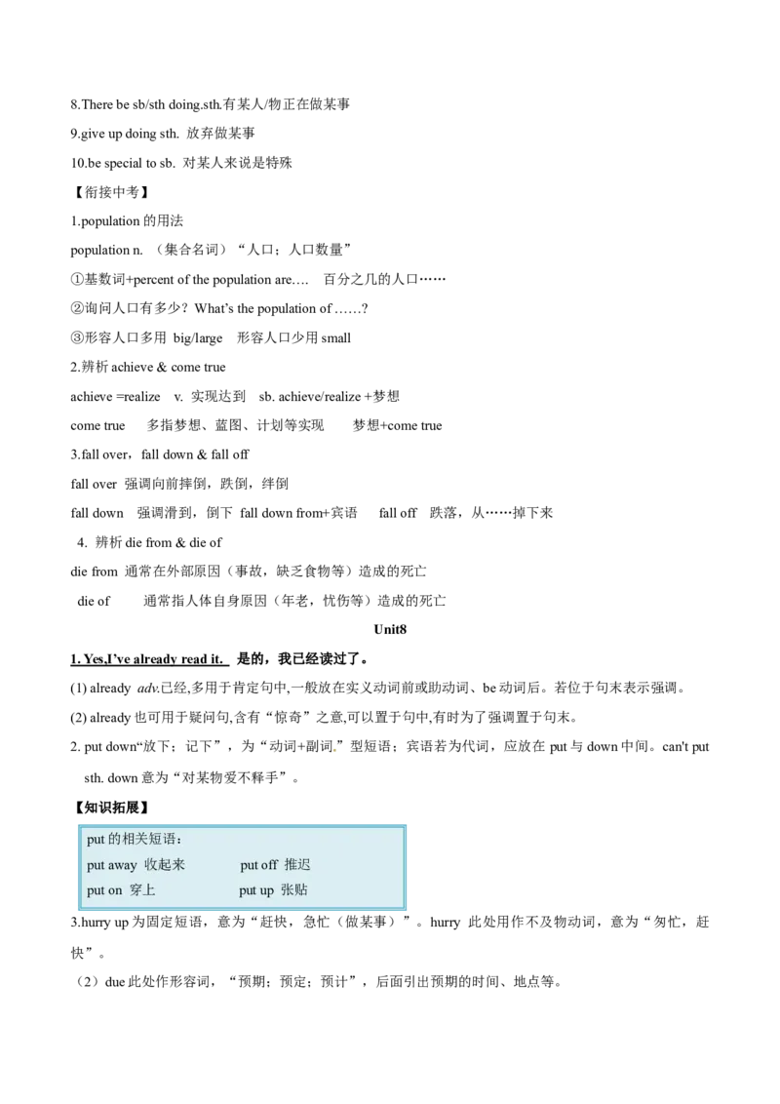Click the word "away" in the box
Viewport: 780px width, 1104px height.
(x=122, y=865)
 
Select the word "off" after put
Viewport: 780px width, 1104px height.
(x=269, y=865)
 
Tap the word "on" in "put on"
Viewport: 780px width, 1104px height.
(x=115, y=890)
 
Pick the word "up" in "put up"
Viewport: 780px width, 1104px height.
(x=265, y=890)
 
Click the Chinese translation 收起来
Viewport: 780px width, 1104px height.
(x=165, y=865)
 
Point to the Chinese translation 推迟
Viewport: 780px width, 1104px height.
(x=297, y=865)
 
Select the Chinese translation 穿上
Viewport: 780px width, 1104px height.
(x=142, y=890)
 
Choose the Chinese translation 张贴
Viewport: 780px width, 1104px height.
(x=294, y=890)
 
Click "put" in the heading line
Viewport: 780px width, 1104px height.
(x=96, y=840)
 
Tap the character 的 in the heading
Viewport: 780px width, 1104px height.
(x=113, y=840)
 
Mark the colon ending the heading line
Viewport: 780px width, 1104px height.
(x=178, y=841)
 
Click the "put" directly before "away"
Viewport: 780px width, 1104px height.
(x=96, y=865)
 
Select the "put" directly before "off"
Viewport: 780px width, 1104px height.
(x=249, y=865)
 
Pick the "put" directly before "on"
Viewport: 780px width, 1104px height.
(x=96, y=890)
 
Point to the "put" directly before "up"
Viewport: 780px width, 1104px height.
(x=248, y=890)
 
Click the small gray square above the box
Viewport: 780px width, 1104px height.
(x=337, y=753)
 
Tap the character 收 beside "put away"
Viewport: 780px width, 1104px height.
(x=151, y=865)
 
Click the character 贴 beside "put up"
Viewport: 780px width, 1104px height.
(x=301, y=890)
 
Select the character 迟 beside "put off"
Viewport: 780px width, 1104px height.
(x=304, y=865)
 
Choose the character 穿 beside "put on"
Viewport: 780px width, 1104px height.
(x=136, y=890)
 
